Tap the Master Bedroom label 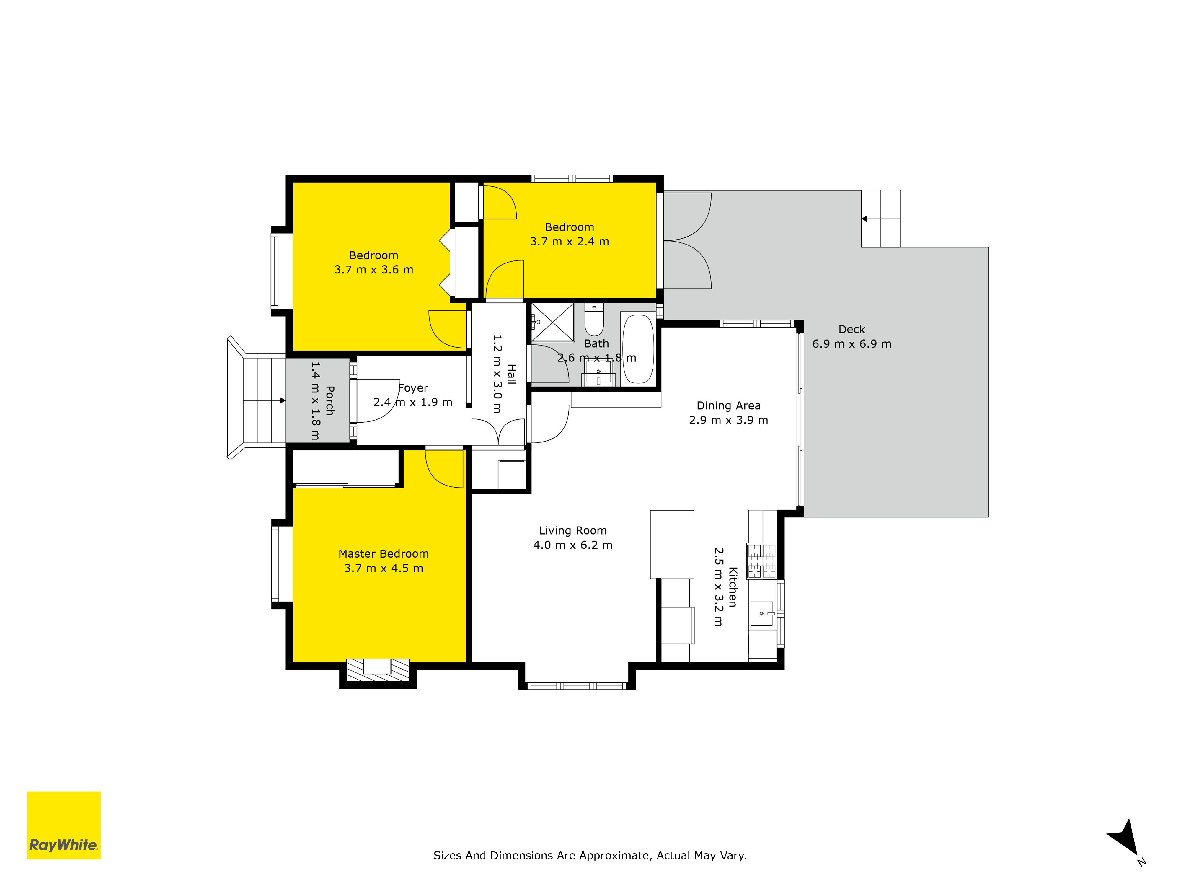[x=383, y=554]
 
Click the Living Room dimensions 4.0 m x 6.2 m [x=573, y=545]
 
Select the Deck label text [x=852, y=330]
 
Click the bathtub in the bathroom [x=638, y=349]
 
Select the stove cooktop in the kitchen [x=761, y=561]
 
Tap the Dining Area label [x=728, y=406]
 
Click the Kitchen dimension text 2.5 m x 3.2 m [x=719, y=587]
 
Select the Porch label [x=330, y=400]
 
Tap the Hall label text [x=511, y=374]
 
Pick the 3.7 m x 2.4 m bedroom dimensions [x=569, y=241]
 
